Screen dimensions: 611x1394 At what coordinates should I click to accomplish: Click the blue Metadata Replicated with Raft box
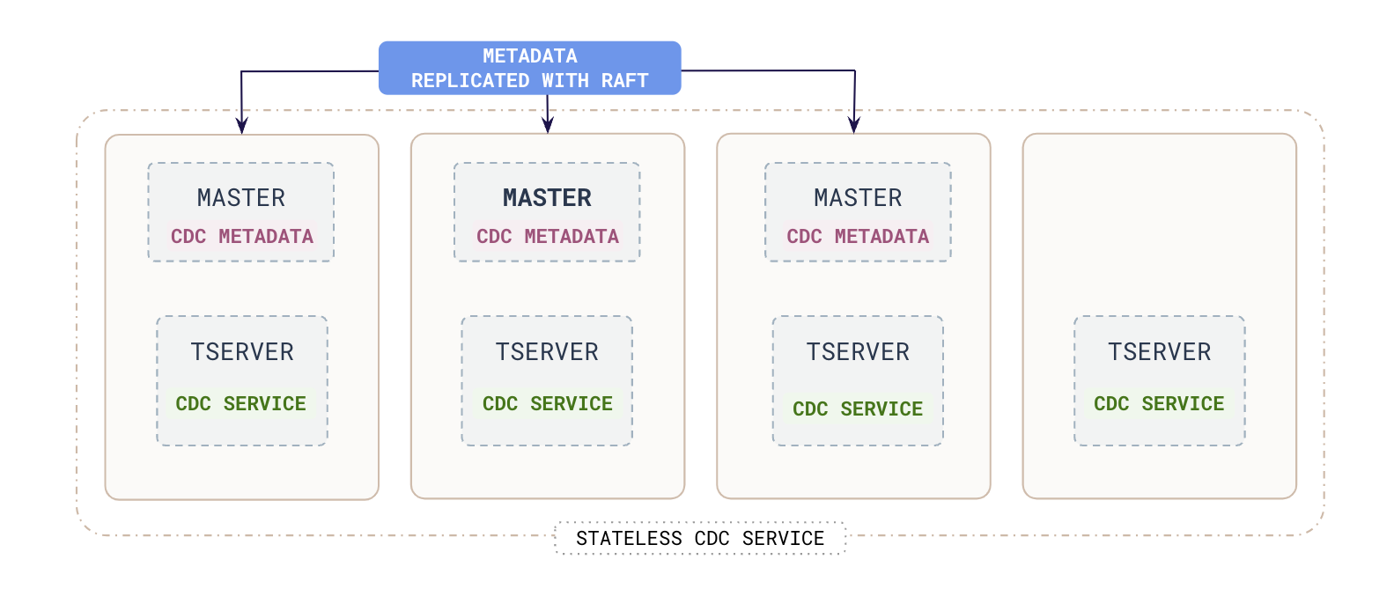click(529, 68)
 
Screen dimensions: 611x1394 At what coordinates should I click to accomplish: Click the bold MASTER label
click(547, 198)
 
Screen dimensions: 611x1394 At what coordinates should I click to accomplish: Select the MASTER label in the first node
click(241, 198)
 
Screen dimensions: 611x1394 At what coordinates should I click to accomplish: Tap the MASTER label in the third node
click(858, 198)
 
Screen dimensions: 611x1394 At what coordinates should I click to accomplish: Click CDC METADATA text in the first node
click(242, 237)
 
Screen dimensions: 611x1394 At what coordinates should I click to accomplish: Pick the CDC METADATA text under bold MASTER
click(548, 237)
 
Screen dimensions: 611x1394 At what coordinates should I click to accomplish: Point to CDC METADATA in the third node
click(858, 237)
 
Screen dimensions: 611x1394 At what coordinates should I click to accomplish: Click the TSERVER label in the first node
click(242, 352)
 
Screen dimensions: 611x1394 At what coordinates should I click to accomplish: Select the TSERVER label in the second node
click(547, 352)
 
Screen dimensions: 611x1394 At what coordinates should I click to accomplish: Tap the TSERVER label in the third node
click(858, 352)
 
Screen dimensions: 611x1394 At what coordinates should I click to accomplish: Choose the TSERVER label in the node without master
click(1159, 352)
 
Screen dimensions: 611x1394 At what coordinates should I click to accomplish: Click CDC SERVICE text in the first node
click(241, 404)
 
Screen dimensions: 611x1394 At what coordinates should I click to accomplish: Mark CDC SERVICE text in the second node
click(548, 404)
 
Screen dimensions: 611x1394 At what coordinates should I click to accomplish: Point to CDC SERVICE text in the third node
click(858, 409)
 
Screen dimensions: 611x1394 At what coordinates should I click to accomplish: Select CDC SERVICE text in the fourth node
click(1159, 404)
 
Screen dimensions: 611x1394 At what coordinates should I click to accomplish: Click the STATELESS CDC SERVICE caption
click(700, 539)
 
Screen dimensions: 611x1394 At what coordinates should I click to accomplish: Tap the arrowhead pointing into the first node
click(241, 125)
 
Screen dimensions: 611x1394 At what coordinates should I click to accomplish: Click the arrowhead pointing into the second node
click(548, 125)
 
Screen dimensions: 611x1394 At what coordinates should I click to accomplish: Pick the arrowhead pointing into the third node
click(853, 125)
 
